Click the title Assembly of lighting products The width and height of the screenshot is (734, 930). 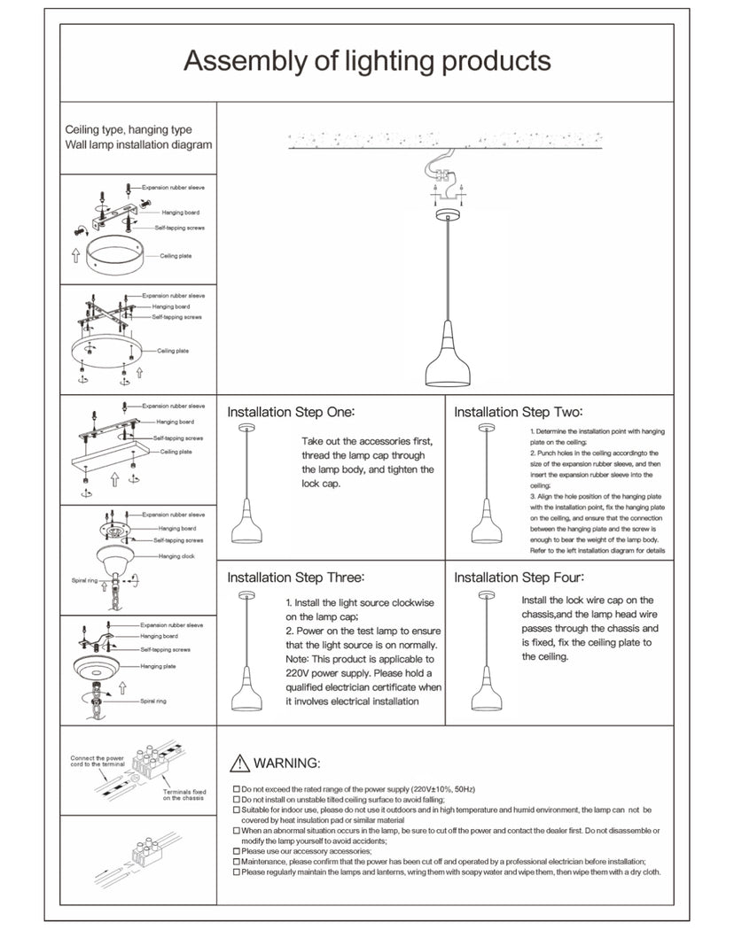pyautogui.click(x=367, y=62)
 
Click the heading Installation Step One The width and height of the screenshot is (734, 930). pyautogui.click(x=291, y=412)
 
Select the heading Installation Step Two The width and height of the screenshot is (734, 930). pyautogui.click(x=518, y=412)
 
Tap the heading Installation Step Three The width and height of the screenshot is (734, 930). pyautogui.click(x=295, y=577)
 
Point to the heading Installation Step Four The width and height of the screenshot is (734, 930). pyautogui.click(x=519, y=577)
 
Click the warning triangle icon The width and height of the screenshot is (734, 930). pyautogui.click(x=239, y=763)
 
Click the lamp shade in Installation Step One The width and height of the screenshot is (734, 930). pyautogui.click(x=246, y=526)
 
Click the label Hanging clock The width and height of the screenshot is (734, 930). pyautogui.click(x=176, y=556)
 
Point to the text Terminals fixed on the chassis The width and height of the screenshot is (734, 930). pyautogui.click(x=184, y=794)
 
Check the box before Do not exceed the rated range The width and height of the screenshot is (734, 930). pyautogui.click(x=236, y=788)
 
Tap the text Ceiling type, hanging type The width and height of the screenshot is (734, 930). pyautogui.click(x=129, y=130)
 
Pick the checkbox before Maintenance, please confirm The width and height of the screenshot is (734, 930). pyautogui.click(x=236, y=861)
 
